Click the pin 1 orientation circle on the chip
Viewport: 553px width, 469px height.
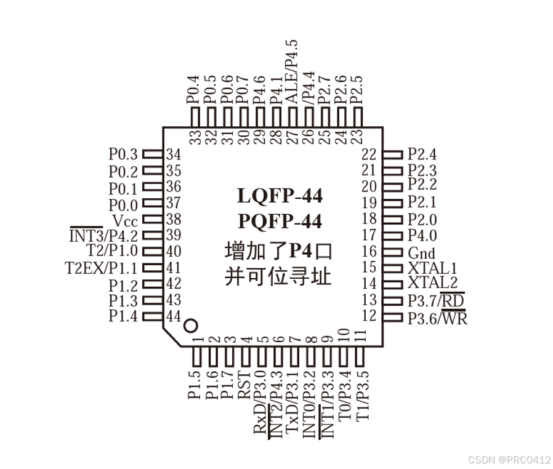pyautogui.click(x=191, y=326)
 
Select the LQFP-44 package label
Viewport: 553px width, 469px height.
pyautogui.click(x=280, y=196)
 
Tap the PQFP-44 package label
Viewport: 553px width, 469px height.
pyautogui.click(x=280, y=220)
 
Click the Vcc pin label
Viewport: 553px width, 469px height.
pyautogui.click(x=125, y=220)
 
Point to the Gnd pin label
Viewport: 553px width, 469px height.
pyautogui.click(x=421, y=253)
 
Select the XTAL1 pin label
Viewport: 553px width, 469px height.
pyautogui.click(x=432, y=268)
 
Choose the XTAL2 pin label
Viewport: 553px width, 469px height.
pyautogui.click(x=432, y=284)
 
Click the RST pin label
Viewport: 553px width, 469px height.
pyautogui.click(x=244, y=386)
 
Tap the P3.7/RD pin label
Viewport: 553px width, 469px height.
pyautogui.click(x=436, y=300)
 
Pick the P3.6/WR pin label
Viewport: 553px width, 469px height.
pyautogui.click(x=437, y=318)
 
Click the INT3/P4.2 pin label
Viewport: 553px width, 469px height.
pyautogui.click(x=104, y=235)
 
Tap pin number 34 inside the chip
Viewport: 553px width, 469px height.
pyautogui.click(x=174, y=154)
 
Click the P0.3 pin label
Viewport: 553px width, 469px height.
pyautogui.click(x=123, y=154)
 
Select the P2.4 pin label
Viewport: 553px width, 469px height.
pyautogui.click(x=422, y=154)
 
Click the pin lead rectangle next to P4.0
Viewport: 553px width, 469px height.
pyautogui.click(x=392, y=236)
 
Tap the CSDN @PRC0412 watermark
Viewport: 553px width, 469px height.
pyautogui.click(x=509, y=459)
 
